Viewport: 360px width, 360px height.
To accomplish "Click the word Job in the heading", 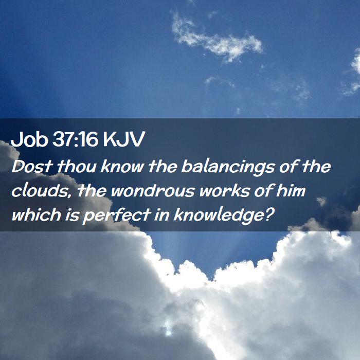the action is pos(29,139).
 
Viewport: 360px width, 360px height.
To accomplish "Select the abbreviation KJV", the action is pos(124,139).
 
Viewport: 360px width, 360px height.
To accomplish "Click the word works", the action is pos(224,191).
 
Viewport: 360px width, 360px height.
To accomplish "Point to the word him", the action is pos(291,191).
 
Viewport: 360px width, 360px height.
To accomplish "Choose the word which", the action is pos(36,214).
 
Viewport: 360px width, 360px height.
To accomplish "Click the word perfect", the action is pos(116,216).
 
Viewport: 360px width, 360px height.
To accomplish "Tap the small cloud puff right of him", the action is pos(321,201).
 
